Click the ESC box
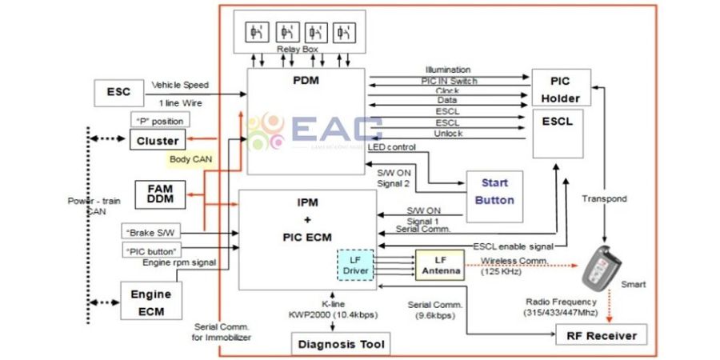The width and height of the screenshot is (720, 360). (x=118, y=93)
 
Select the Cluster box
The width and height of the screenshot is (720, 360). (x=157, y=141)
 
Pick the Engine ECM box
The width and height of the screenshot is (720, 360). (x=150, y=301)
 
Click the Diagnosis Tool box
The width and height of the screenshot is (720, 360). (x=342, y=345)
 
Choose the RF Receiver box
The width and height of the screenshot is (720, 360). (x=601, y=335)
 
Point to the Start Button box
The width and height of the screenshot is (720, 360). (x=494, y=192)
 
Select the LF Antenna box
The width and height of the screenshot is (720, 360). (x=439, y=265)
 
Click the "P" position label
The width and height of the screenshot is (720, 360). (x=160, y=120)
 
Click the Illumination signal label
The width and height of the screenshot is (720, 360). (x=448, y=70)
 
